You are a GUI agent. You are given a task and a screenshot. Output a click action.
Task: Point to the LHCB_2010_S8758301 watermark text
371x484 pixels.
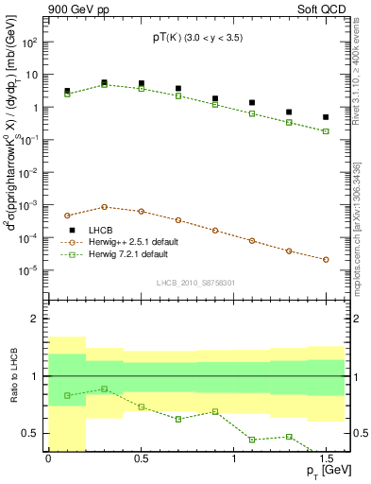tap(196, 282)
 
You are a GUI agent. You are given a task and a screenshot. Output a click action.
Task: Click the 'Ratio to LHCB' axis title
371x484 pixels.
tap(13, 376)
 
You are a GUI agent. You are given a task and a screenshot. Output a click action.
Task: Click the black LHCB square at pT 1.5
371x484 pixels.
tap(326, 117)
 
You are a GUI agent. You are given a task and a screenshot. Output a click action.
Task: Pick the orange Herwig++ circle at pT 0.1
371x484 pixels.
tap(67, 216)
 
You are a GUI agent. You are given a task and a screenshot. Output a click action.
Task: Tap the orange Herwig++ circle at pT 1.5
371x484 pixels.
tap(326, 259)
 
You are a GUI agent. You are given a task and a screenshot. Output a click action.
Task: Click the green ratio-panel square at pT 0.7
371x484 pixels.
tap(177, 419)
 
